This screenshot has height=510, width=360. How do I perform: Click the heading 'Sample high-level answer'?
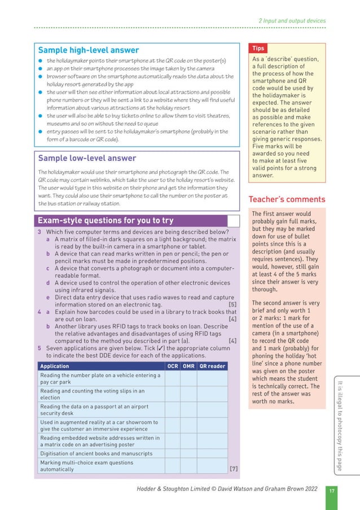tap(87, 50)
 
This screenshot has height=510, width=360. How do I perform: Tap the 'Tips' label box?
tap(258, 49)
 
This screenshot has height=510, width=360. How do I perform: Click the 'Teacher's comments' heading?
tap(287, 199)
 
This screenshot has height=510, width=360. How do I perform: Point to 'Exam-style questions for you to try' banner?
tap(105, 220)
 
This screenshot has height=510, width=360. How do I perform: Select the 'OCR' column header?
tap(173, 366)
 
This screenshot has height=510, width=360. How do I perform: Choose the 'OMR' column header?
tap(189, 366)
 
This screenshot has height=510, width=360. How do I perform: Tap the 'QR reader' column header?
tap(212, 366)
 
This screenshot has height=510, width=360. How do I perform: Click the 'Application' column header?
tap(55, 366)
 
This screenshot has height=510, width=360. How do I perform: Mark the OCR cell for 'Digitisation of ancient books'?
tap(173, 453)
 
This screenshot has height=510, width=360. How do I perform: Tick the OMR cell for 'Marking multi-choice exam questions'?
tap(189, 465)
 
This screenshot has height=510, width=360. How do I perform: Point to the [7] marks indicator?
tap(233, 469)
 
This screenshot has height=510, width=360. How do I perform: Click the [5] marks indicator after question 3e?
tap(232, 304)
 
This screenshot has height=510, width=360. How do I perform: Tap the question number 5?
tap(39, 348)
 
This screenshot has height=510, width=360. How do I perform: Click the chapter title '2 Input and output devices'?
tap(292, 21)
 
